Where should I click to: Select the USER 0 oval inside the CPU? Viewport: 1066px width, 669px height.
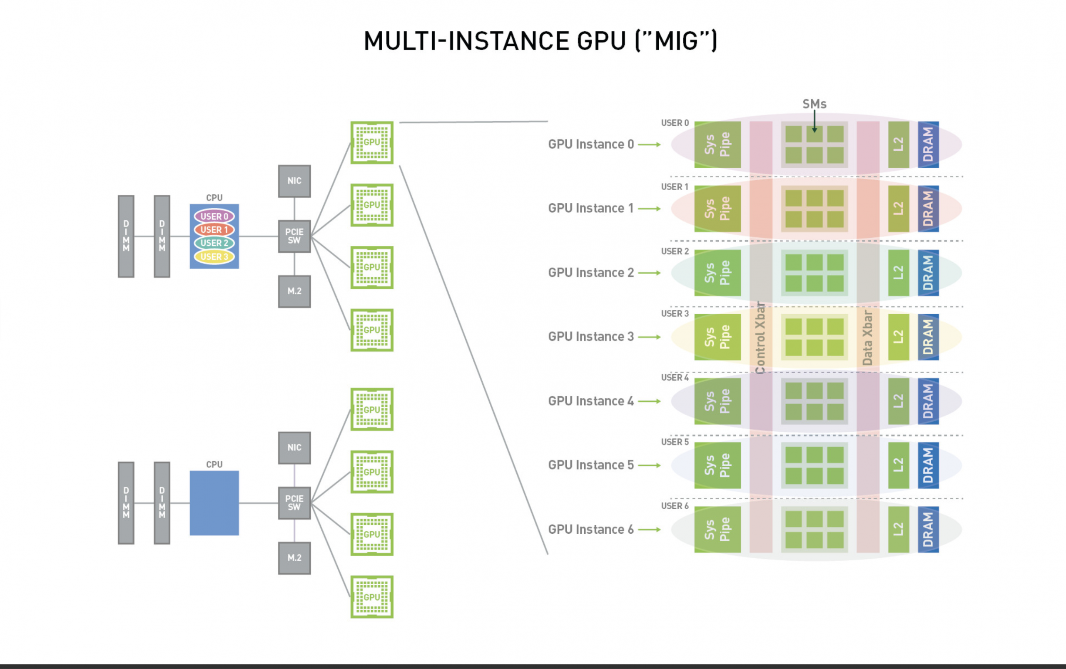[214, 216]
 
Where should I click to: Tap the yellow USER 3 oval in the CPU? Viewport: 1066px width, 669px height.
[214, 256]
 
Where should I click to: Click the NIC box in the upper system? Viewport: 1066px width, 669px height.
[294, 181]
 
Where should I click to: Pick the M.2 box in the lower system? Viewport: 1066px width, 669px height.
[294, 558]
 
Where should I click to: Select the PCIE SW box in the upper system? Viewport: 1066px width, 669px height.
[294, 236]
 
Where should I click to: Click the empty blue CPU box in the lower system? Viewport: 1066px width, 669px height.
[214, 503]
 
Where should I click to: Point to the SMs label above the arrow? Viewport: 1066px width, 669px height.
[814, 104]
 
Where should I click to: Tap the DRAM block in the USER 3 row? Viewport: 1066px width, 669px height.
[928, 337]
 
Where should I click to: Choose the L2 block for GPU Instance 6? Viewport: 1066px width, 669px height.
[898, 529]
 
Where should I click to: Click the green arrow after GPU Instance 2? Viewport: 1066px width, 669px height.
[649, 273]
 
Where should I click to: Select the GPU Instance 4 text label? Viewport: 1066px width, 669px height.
[591, 401]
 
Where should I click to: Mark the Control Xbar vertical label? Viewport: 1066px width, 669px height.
[760, 337]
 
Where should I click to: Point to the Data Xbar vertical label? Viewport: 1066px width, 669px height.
[868, 337]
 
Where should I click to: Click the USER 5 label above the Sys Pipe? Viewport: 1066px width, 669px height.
[675, 442]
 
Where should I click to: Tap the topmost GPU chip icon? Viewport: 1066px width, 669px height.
[372, 142]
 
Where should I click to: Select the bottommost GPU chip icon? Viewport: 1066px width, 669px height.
[372, 597]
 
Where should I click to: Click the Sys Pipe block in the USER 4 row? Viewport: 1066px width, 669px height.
[717, 401]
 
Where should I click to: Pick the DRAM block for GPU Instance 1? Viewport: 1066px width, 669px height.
[928, 209]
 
